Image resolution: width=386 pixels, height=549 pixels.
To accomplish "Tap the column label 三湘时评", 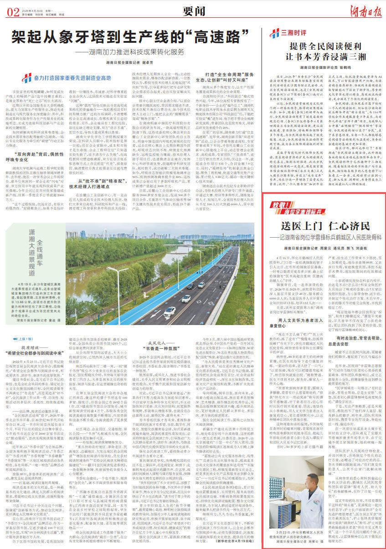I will pyautogui.click(x=289, y=33).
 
